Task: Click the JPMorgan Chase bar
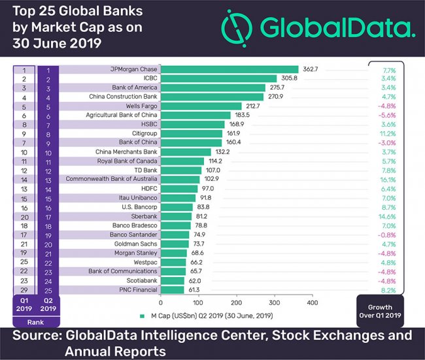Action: (229, 69)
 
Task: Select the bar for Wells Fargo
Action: (199, 106)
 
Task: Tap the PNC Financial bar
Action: (172, 289)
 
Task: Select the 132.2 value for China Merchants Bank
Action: (221, 152)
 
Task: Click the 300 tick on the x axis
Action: (274, 303)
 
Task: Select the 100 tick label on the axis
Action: (198, 303)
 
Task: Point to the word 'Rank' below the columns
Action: (36, 321)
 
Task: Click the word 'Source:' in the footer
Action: (40, 336)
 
